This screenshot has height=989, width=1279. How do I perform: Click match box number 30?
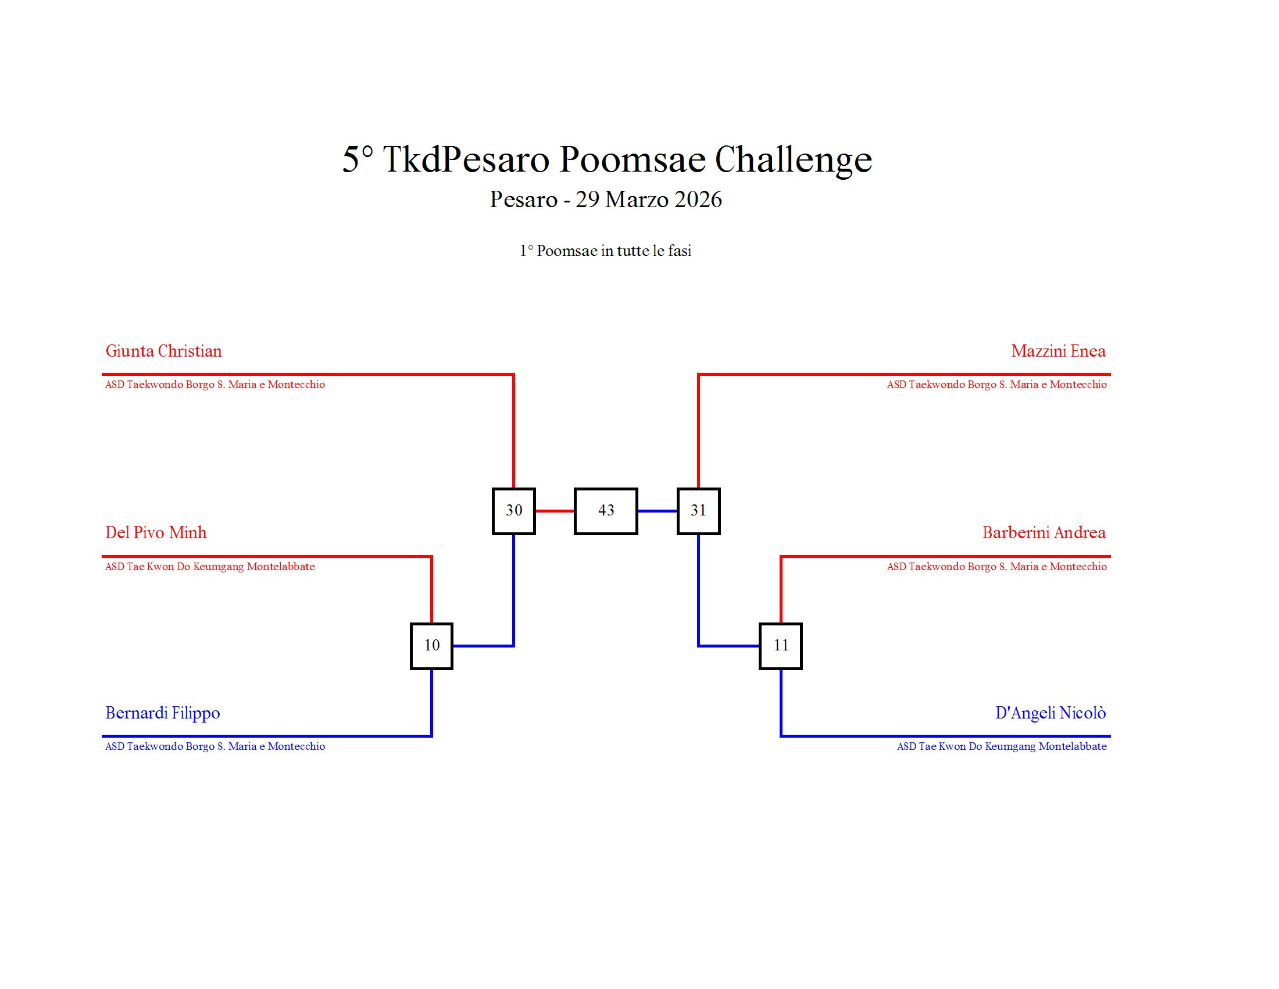click(x=513, y=511)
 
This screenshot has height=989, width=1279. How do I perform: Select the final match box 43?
click(x=606, y=511)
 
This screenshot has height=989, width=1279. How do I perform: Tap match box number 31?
click(x=698, y=511)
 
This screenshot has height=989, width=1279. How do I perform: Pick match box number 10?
click(x=431, y=646)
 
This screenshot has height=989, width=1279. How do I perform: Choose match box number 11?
click(x=781, y=646)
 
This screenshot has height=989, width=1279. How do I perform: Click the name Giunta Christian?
click(x=163, y=351)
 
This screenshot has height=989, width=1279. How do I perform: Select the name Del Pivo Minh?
click(x=156, y=532)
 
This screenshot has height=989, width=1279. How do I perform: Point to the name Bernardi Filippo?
click(x=163, y=713)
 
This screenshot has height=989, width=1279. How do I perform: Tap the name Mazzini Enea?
click(x=1058, y=351)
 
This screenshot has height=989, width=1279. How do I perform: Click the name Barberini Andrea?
click(x=1044, y=532)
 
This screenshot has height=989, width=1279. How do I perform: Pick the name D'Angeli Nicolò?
click(x=1051, y=713)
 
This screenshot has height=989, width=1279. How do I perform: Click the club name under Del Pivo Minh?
click(x=210, y=567)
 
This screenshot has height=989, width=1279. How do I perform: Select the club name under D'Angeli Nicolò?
click(x=1002, y=746)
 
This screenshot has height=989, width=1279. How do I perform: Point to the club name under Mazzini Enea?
click(x=996, y=385)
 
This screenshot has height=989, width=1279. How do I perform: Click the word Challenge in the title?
click(x=793, y=159)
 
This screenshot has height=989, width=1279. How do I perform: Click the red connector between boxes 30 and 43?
click(x=555, y=511)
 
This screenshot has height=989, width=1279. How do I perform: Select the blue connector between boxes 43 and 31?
click(x=657, y=511)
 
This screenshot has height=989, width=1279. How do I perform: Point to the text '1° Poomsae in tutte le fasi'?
click(x=606, y=251)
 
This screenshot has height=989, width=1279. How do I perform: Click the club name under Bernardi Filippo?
click(x=215, y=746)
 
